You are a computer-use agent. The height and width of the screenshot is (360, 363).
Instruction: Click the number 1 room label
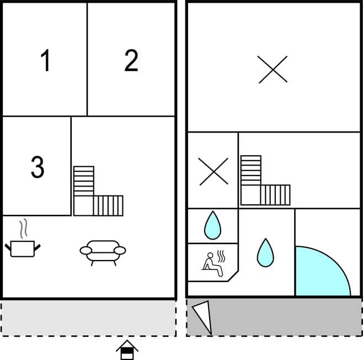point(45,60)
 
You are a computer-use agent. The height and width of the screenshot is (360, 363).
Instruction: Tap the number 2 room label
point(131,60)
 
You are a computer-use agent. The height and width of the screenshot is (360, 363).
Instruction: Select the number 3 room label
point(38,167)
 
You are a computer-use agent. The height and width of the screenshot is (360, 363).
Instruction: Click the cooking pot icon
point(23,248)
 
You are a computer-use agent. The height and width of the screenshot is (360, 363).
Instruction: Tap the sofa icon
point(103,253)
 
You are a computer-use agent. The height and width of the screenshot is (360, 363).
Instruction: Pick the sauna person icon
point(212,264)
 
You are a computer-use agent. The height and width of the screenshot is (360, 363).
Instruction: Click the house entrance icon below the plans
point(127,350)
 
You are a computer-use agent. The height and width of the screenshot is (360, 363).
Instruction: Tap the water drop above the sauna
point(212,225)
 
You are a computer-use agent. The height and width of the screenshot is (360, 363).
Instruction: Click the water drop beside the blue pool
point(265,253)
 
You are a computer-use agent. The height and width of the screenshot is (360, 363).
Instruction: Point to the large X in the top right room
point(273,69)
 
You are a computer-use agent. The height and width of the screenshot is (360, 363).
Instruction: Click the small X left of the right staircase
point(213,171)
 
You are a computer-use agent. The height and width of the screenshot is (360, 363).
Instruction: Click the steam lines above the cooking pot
point(23,229)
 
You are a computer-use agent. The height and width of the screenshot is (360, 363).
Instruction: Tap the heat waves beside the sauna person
point(221,256)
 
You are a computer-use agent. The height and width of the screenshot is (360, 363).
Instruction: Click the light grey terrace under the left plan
point(88,318)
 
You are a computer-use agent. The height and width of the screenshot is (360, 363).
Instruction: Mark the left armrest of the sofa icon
point(86,251)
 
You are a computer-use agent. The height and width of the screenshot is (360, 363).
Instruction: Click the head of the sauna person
point(210,255)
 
